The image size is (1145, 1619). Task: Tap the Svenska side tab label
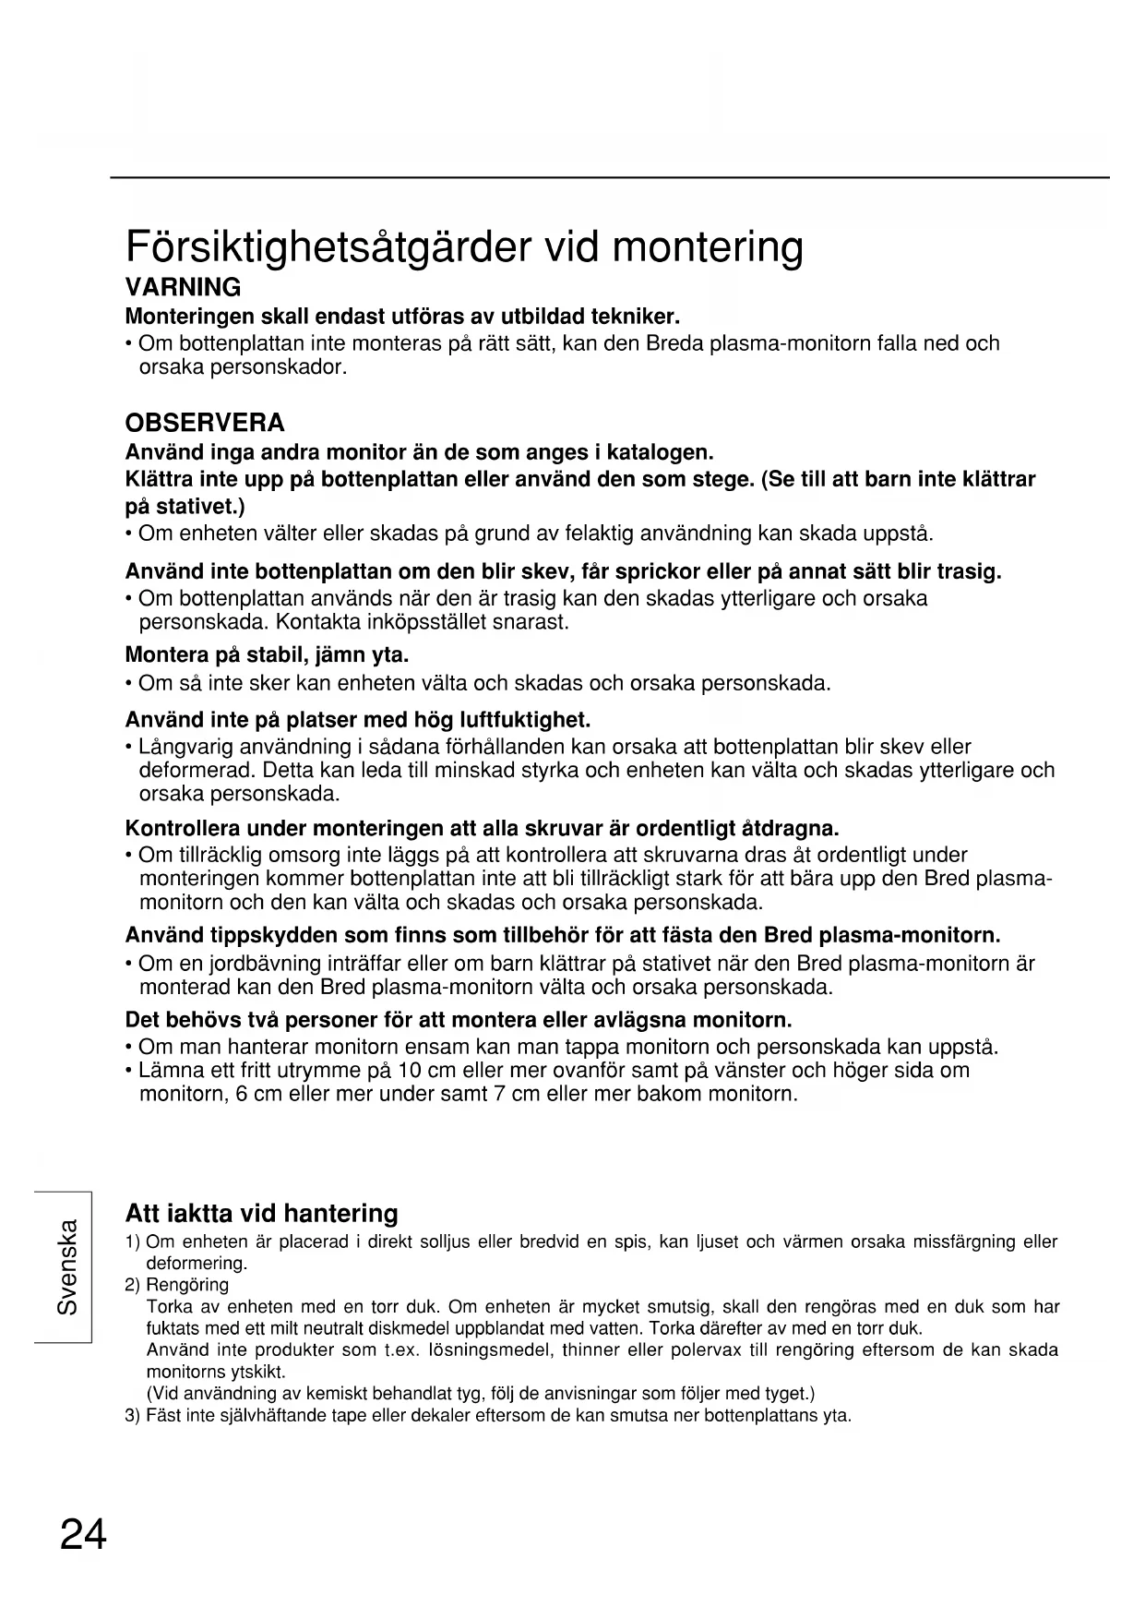point(67,1266)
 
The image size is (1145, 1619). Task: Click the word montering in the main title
point(708,246)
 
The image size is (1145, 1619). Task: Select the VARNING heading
point(183,287)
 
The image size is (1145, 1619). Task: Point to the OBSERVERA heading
point(205,423)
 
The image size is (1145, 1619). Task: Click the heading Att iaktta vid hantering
point(261,1213)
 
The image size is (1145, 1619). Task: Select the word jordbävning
point(263,964)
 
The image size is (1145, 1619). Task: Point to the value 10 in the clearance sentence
point(408,1071)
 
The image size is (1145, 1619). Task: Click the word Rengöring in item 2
point(187,1285)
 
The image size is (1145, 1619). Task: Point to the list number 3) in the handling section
point(132,1415)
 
